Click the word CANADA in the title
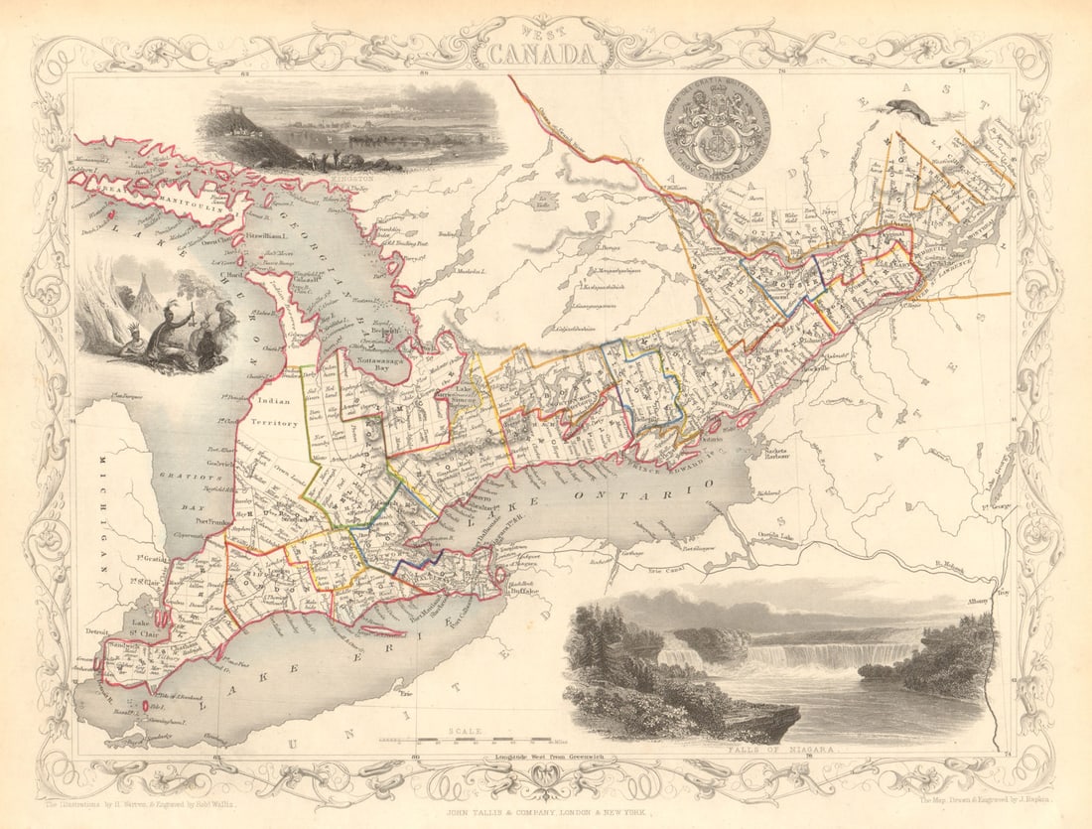click(x=546, y=54)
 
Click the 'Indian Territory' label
click(x=277, y=412)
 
